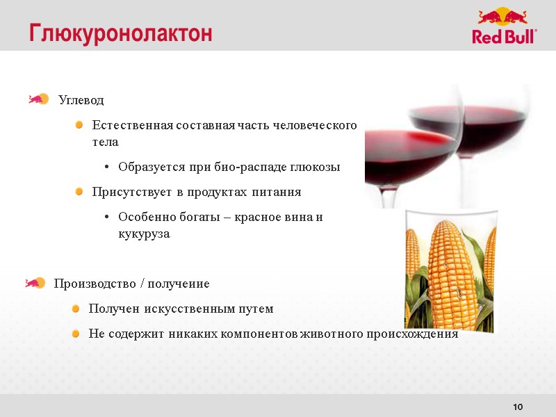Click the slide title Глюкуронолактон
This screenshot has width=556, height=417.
(x=120, y=33)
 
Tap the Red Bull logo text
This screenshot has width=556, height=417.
(x=504, y=37)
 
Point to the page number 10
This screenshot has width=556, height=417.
(x=517, y=407)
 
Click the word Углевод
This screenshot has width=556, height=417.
(x=81, y=100)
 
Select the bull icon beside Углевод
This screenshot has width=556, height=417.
(x=38, y=99)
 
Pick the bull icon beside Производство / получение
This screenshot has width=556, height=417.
(x=35, y=283)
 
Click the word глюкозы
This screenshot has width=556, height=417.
(x=317, y=167)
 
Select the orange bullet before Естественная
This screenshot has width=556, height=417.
(x=80, y=125)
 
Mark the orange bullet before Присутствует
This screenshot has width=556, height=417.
(x=80, y=191)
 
